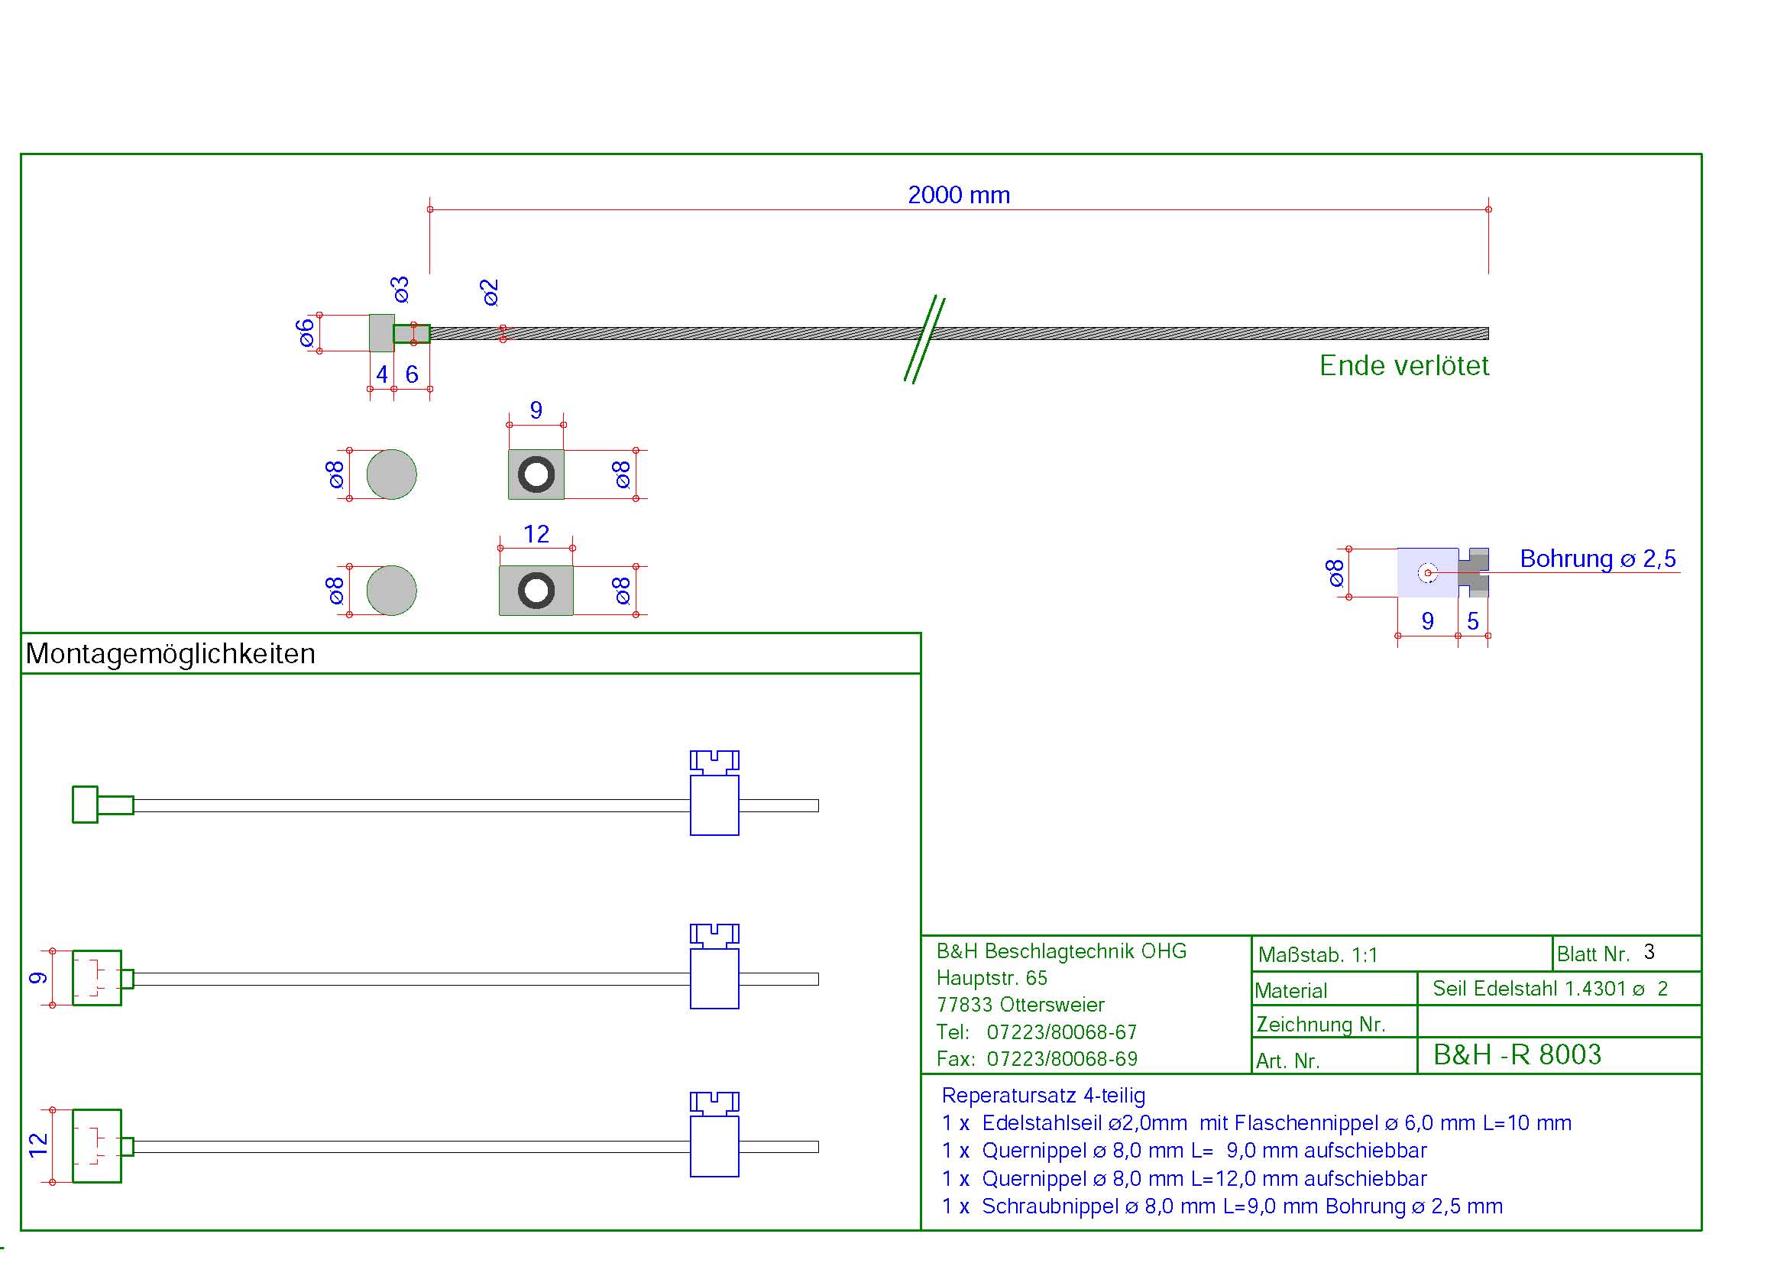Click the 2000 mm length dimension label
tap(958, 195)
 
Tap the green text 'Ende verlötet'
tap(1403, 366)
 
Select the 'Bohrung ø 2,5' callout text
tap(1597, 559)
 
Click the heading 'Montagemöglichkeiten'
tap(170, 654)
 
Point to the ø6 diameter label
tap(306, 333)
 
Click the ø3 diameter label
tap(400, 289)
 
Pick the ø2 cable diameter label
tap(489, 292)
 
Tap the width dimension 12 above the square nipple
tap(536, 534)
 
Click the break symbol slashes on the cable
tap(924, 338)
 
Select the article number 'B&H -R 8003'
tap(1517, 1054)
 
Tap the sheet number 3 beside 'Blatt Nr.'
tap(1649, 952)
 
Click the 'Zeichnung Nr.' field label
tap(1321, 1024)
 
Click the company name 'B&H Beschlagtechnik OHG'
tap(1061, 951)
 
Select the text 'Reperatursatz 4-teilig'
tap(1043, 1096)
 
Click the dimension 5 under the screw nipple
tap(1472, 621)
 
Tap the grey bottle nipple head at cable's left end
tap(381, 333)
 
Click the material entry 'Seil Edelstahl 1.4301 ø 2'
tap(1549, 988)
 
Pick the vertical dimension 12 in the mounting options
tap(37, 1145)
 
